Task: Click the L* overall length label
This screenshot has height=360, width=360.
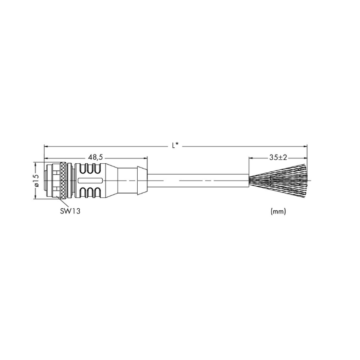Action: [175, 145]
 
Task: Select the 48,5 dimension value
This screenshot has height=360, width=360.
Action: [96, 157]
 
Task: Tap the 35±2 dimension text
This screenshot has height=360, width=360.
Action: [278, 157]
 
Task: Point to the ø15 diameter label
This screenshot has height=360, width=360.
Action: [36, 180]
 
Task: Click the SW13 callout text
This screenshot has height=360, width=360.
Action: [70, 211]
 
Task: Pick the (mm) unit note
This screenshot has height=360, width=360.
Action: [278, 211]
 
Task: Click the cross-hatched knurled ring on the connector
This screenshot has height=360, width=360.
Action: [62, 180]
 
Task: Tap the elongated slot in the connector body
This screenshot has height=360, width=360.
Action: [90, 180]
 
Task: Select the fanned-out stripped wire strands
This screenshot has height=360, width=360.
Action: [278, 180]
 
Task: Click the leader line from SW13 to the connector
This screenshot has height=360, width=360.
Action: [62, 203]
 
